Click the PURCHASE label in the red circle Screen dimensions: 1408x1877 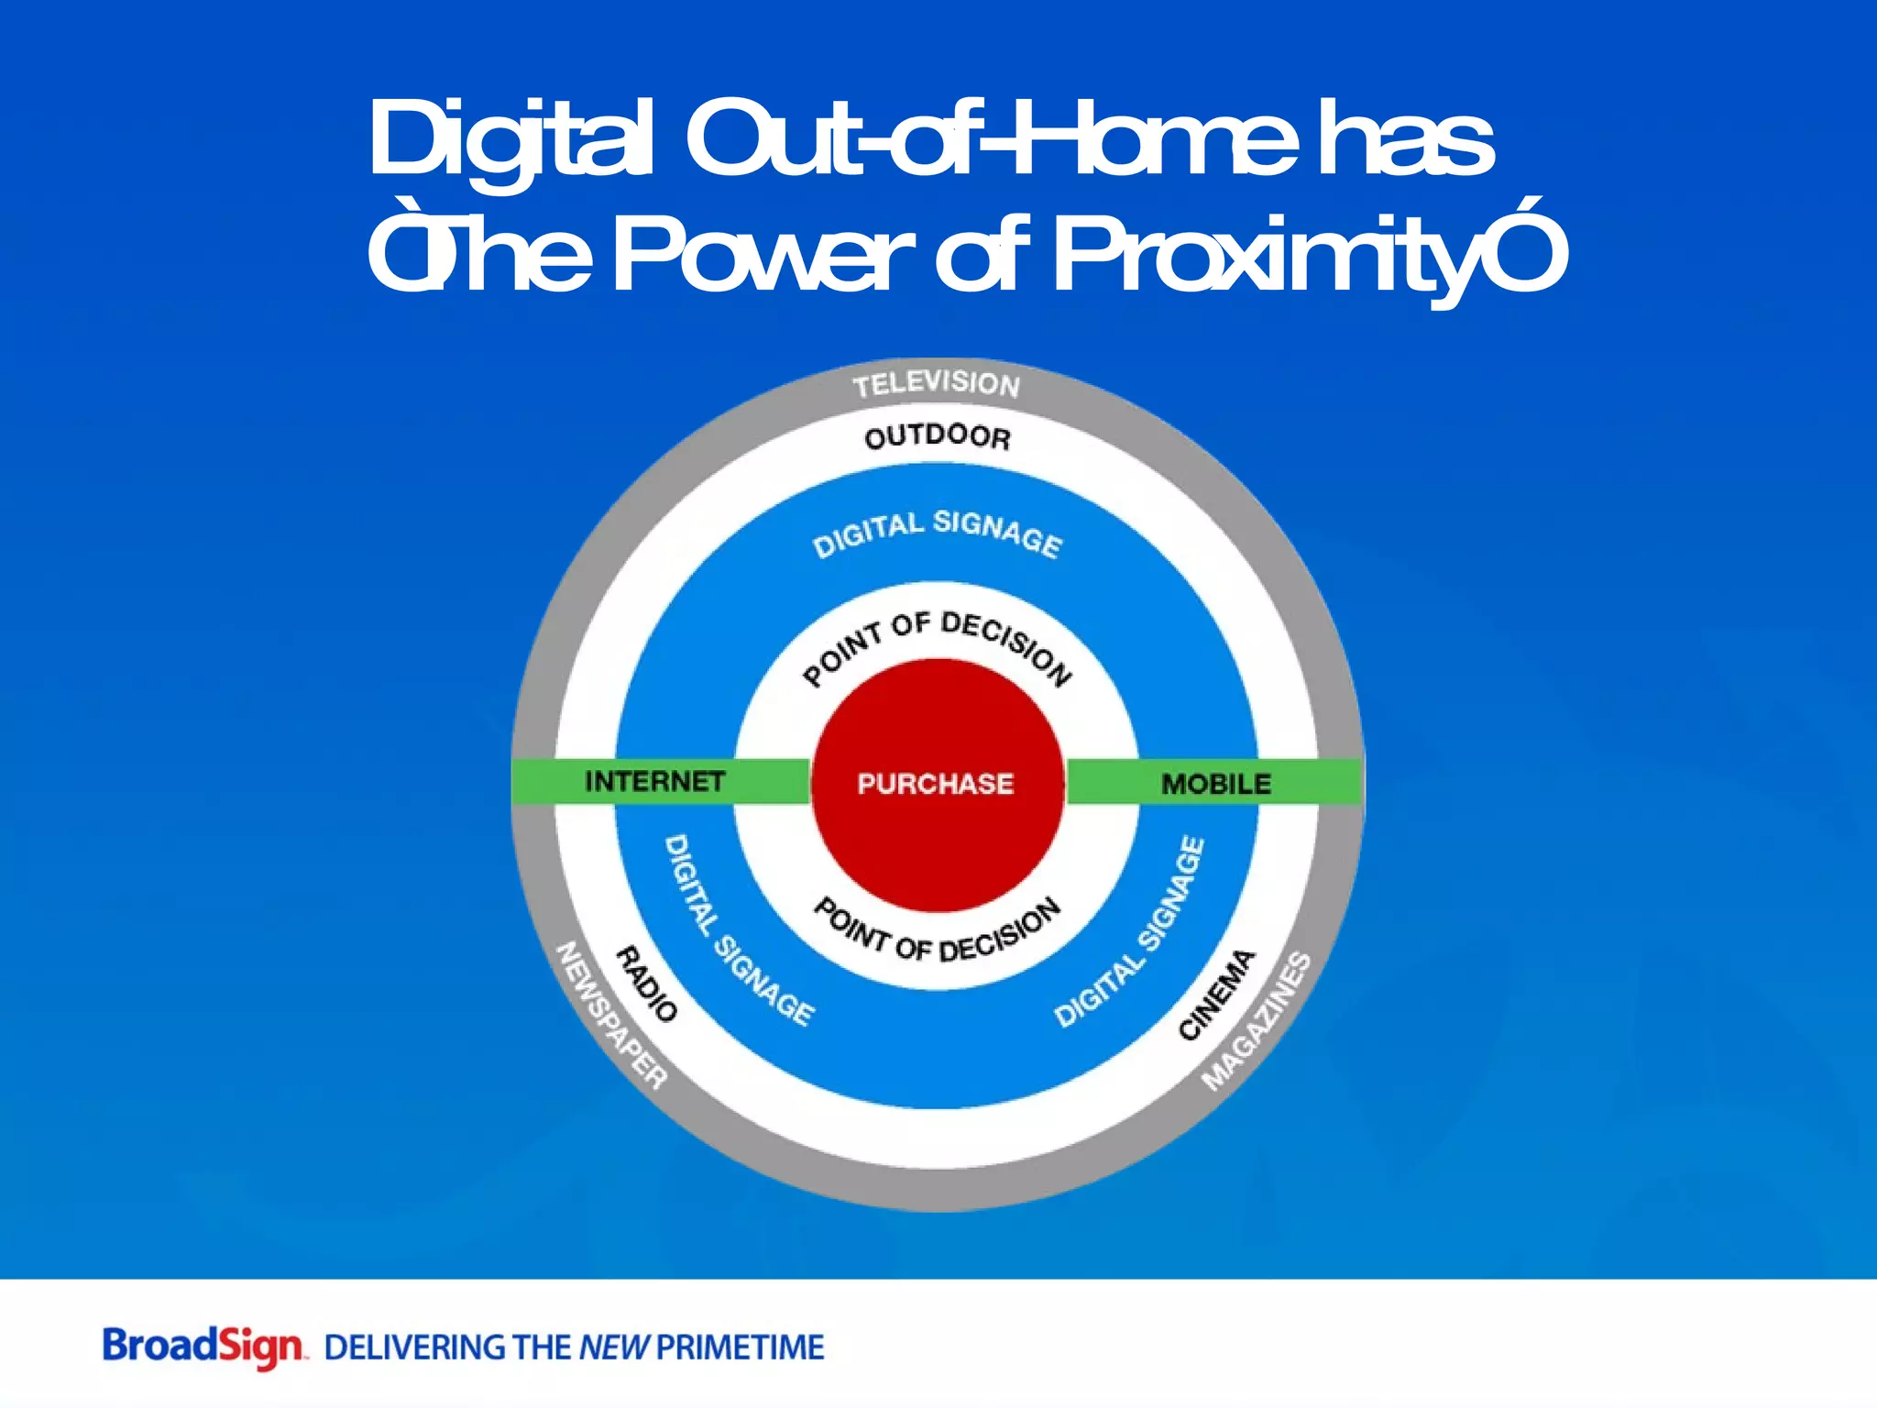click(936, 784)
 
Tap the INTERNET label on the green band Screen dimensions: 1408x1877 click(654, 781)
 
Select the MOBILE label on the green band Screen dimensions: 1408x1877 click(1216, 784)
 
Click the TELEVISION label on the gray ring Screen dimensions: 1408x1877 click(936, 384)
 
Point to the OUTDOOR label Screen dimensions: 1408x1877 click(938, 436)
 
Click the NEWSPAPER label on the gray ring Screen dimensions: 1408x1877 click(611, 1016)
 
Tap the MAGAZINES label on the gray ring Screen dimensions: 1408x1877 click(1257, 1021)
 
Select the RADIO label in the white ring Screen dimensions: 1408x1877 click(646, 984)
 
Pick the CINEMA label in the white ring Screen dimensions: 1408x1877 click(1216, 995)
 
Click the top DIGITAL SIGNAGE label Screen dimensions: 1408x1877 click(938, 533)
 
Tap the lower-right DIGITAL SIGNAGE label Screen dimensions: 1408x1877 click(1130, 932)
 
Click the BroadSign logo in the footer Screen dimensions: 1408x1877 click(203, 1347)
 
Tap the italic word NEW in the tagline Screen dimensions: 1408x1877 click(613, 1347)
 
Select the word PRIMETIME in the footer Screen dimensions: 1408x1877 click(741, 1347)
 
